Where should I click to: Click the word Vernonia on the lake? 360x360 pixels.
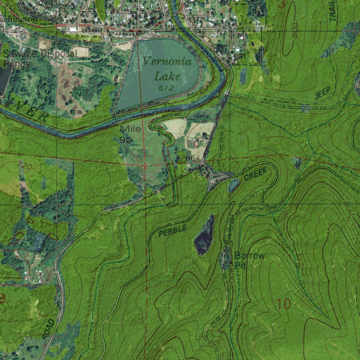167,62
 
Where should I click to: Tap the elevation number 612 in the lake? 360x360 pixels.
166,88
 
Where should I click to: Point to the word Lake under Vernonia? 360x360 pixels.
168,76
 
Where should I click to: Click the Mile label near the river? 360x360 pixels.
130,129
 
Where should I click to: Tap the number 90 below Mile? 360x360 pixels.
126,140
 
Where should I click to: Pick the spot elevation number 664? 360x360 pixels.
193,159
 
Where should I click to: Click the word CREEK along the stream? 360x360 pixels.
255,174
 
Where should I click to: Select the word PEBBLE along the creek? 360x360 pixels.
172,231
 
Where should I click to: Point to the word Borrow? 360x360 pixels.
249,256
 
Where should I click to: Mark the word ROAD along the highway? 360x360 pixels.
49,329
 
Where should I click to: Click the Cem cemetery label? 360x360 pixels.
236,56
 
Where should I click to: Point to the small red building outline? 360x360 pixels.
196,143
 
